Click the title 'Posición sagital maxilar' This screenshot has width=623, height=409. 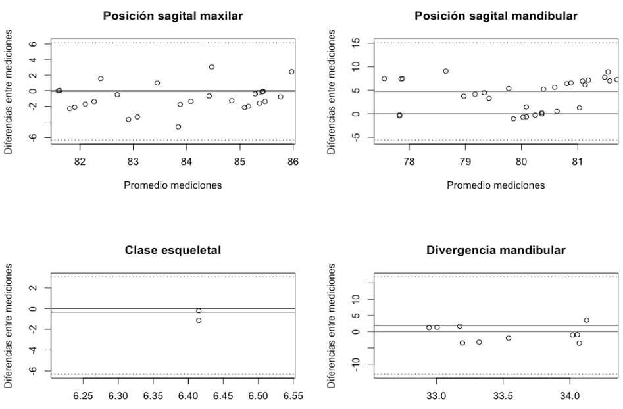click(173, 15)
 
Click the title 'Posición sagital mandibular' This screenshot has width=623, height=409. click(496, 15)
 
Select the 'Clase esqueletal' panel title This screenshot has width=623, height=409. click(173, 250)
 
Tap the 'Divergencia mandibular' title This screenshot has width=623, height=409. click(496, 250)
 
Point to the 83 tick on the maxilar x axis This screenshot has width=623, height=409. click(133, 162)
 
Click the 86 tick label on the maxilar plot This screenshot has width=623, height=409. click(293, 162)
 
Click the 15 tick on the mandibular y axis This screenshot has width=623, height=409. click(356, 43)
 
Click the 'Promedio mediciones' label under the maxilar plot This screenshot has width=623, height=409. click(173, 185)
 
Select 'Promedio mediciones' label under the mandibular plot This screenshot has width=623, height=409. click(496, 185)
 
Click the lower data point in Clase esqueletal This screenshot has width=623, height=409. click(199, 320)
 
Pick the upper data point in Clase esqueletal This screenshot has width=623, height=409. click(199, 310)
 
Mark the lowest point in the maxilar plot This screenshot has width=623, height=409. click(178, 127)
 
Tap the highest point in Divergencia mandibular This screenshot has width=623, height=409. click(586, 320)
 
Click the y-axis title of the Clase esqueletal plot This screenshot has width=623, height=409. click(9, 325)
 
